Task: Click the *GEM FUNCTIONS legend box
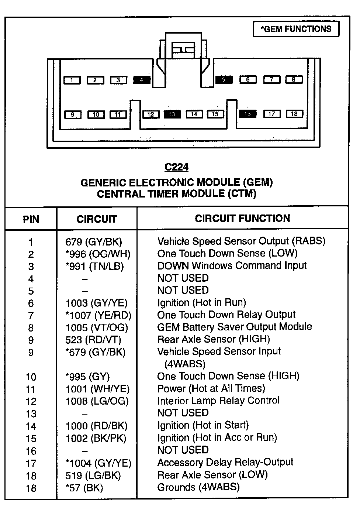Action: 296,29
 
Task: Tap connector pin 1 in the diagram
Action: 72,80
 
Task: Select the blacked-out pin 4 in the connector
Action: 142,80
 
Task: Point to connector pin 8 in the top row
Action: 294,79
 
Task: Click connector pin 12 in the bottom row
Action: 151,114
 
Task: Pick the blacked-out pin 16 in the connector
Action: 247,114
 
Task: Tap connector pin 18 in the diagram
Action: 294,114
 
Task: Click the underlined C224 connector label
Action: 177,167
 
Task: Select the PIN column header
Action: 31,219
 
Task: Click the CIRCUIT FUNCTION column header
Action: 242,219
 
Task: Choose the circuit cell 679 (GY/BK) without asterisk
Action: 94,242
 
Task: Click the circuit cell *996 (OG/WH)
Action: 98,254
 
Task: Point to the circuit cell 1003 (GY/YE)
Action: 97,303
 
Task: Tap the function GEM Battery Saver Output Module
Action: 235,327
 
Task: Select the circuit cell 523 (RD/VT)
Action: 93,340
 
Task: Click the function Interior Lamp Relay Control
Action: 218,401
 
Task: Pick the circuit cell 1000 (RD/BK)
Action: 97,426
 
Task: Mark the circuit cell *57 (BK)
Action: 84,488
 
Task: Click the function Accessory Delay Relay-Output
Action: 225,462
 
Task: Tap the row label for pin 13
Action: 31,414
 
